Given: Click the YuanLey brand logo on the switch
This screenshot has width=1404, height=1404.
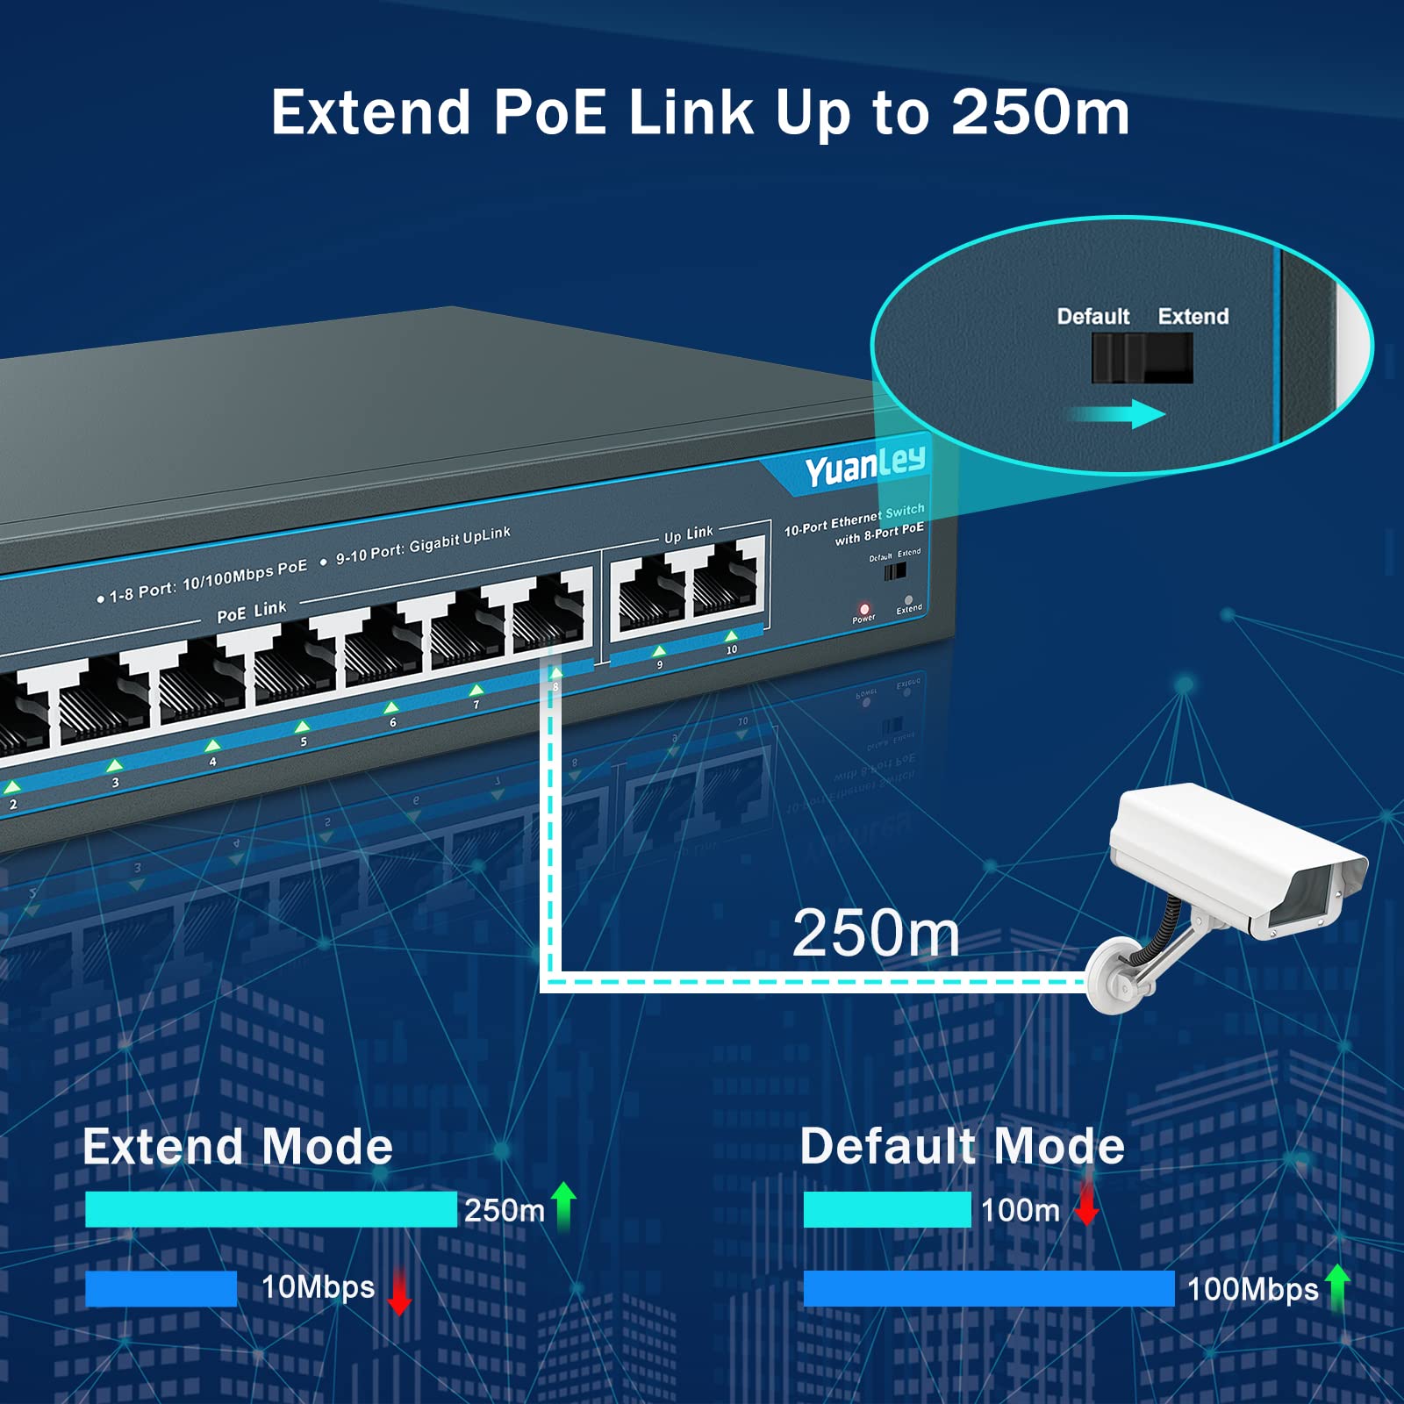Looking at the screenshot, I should tap(864, 465).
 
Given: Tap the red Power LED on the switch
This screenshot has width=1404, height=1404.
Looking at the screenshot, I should tap(864, 608).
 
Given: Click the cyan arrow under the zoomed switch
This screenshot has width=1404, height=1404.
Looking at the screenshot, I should tap(1119, 414).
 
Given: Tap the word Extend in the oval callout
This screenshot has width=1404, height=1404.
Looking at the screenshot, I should tap(1193, 317).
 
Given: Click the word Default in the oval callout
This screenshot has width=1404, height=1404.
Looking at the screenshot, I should tap(1092, 317).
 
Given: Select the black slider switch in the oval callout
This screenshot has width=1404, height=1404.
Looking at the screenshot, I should tap(1142, 359).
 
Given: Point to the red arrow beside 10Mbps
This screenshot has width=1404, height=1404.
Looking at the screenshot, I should tap(400, 1290).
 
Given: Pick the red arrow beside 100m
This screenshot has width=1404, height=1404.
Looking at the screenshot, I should tap(1087, 1202).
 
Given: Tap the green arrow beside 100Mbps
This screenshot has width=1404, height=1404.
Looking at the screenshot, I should tap(1337, 1287).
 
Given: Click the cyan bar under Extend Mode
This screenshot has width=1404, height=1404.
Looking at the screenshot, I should tap(270, 1209).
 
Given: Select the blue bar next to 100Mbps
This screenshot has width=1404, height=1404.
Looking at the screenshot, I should tap(988, 1288).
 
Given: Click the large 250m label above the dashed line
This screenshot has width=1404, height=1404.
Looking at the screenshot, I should tap(876, 933).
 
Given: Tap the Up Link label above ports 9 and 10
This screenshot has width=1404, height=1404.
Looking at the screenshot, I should tap(689, 534).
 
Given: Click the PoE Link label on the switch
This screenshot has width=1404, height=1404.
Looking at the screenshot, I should tap(252, 611).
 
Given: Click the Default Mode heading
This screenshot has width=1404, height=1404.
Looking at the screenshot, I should tap(962, 1146).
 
